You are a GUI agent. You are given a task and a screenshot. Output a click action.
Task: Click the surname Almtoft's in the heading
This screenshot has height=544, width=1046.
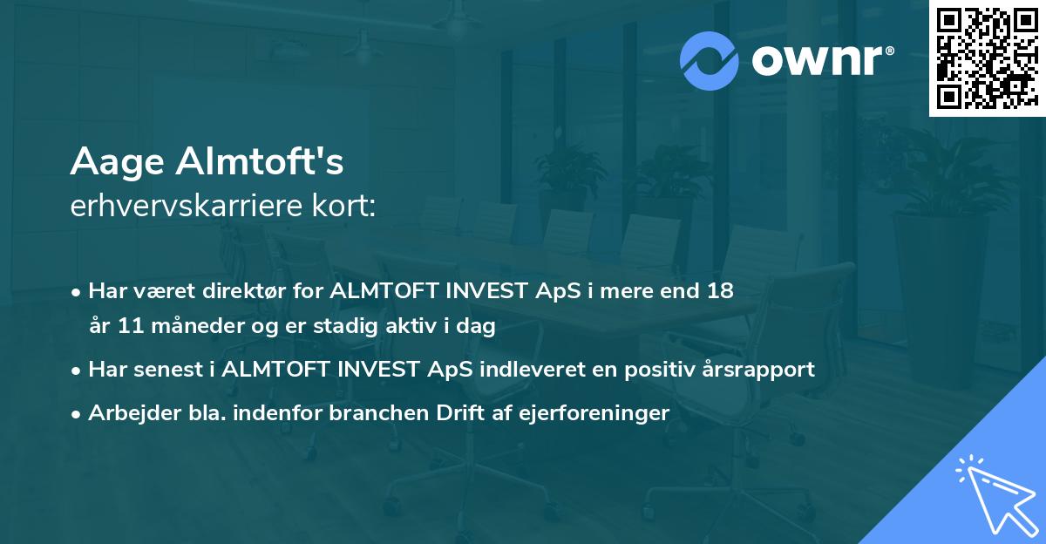(x=261, y=162)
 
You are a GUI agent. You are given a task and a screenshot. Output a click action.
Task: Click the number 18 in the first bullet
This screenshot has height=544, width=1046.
(x=721, y=291)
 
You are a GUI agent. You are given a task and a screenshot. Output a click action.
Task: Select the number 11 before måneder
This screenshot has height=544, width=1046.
(x=133, y=327)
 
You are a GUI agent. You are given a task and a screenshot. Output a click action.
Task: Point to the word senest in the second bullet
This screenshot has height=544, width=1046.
(x=173, y=369)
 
